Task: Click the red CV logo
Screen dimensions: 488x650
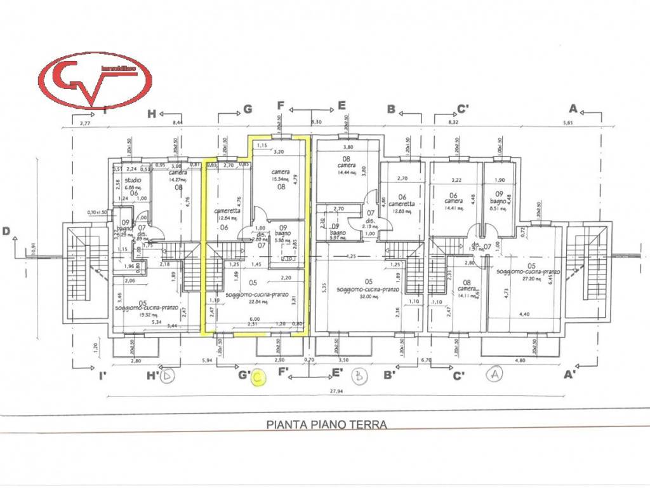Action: point(95,80)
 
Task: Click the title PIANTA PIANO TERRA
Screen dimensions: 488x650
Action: point(326,423)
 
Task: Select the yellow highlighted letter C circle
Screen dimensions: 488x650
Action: point(258,378)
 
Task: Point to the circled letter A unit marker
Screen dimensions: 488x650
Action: point(494,374)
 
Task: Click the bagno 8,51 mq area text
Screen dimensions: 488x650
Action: point(498,205)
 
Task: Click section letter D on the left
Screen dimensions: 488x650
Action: point(6,231)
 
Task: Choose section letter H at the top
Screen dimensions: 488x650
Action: point(151,114)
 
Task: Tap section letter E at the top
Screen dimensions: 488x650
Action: point(341,105)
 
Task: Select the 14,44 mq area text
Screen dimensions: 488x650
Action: point(347,172)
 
